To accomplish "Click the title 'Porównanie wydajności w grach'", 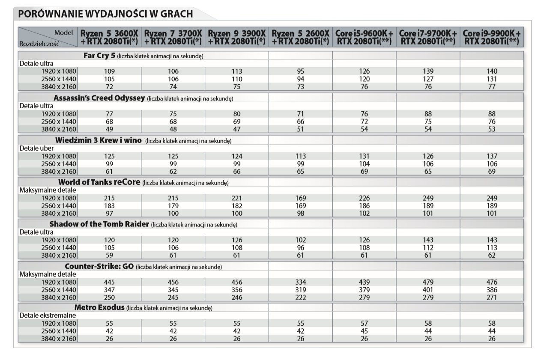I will click(x=105, y=14).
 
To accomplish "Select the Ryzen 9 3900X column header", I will click(x=237, y=37).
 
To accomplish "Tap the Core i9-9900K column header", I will click(x=492, y=37).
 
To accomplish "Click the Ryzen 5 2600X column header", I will click(x=301, y=37).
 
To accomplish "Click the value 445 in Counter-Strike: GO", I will click(x=110, y=282).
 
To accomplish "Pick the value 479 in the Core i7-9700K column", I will click(x=428, y=282).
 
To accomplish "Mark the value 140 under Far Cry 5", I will click(x=492, y=71).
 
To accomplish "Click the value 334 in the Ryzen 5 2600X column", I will click(x=301, y=282).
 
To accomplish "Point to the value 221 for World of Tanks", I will click(x=236, y=198).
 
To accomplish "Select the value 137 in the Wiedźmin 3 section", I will click(x=492, y=156).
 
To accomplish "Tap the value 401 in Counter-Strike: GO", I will click(x=428, y=290).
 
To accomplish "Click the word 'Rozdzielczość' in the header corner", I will click(x=39, y=44).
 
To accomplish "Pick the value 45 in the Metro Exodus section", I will click(x=364, y=331).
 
